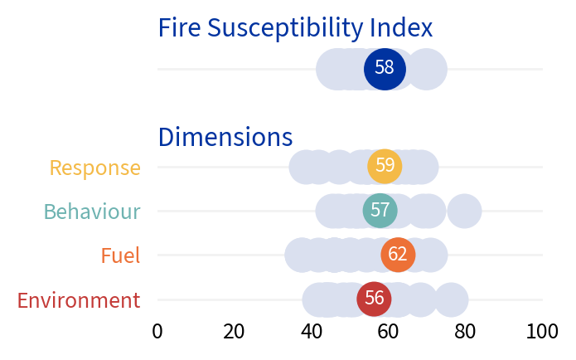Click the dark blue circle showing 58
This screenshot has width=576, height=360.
[385, 68]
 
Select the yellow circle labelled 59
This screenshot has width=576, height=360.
[385, 166]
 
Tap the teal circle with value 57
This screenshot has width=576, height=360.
[380, 210]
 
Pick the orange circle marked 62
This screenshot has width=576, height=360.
[398, 255]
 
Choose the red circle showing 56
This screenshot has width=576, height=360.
[374, 299]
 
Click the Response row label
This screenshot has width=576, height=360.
[94, 168]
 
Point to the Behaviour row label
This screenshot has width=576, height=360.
[92, 212]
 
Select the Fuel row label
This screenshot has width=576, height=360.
[120, 255]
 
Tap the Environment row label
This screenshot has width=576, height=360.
[79, 300]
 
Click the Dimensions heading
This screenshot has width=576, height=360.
[225, 137]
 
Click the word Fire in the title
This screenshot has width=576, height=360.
[179, 28]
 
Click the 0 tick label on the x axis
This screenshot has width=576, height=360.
[157, 332]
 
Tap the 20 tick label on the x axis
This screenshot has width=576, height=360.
[235, 332]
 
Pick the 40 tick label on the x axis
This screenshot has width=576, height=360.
[312, 332]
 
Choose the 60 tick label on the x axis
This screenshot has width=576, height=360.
[389, 332]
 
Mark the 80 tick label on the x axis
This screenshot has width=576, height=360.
[466, 332]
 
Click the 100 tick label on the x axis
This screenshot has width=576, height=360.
[543, 332]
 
